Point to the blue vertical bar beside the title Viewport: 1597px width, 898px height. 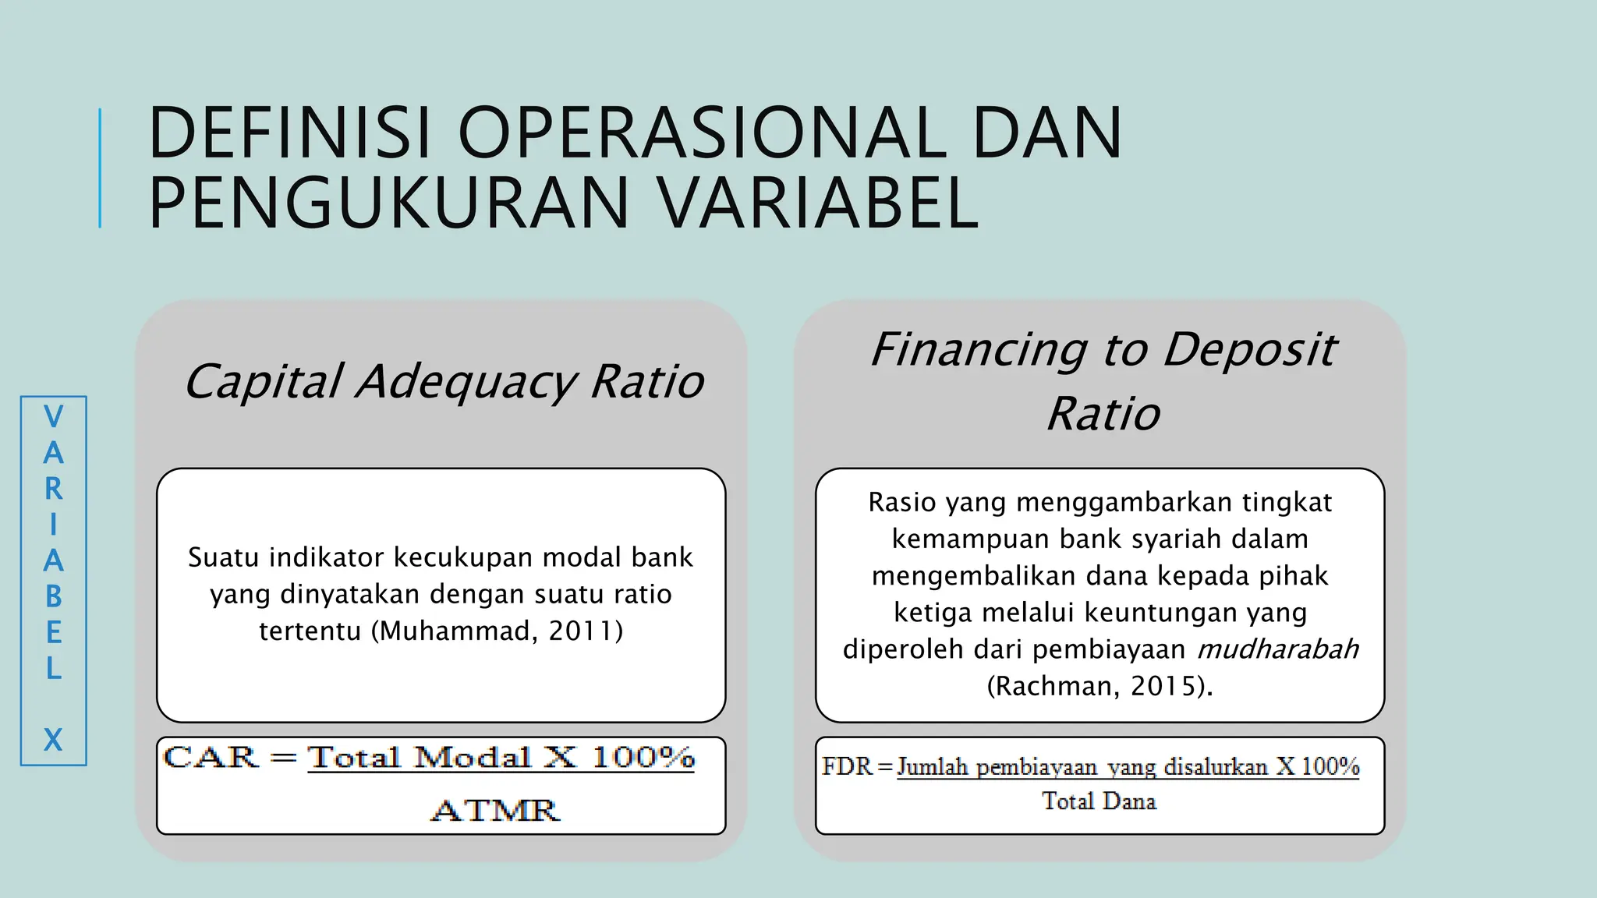click(100, 168)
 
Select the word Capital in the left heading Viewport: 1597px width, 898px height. click(263, 382)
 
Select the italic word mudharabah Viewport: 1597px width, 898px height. click(1278, 649)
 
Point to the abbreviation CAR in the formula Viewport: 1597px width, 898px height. click(211, 757)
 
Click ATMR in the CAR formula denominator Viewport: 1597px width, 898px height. click(495, 811)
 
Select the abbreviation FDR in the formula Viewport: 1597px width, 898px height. click(847, 766)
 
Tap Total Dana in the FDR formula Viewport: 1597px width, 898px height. click(1099, 801)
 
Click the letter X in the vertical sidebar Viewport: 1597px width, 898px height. click(53, 739)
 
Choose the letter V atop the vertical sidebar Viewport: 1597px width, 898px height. click(53, 417)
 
